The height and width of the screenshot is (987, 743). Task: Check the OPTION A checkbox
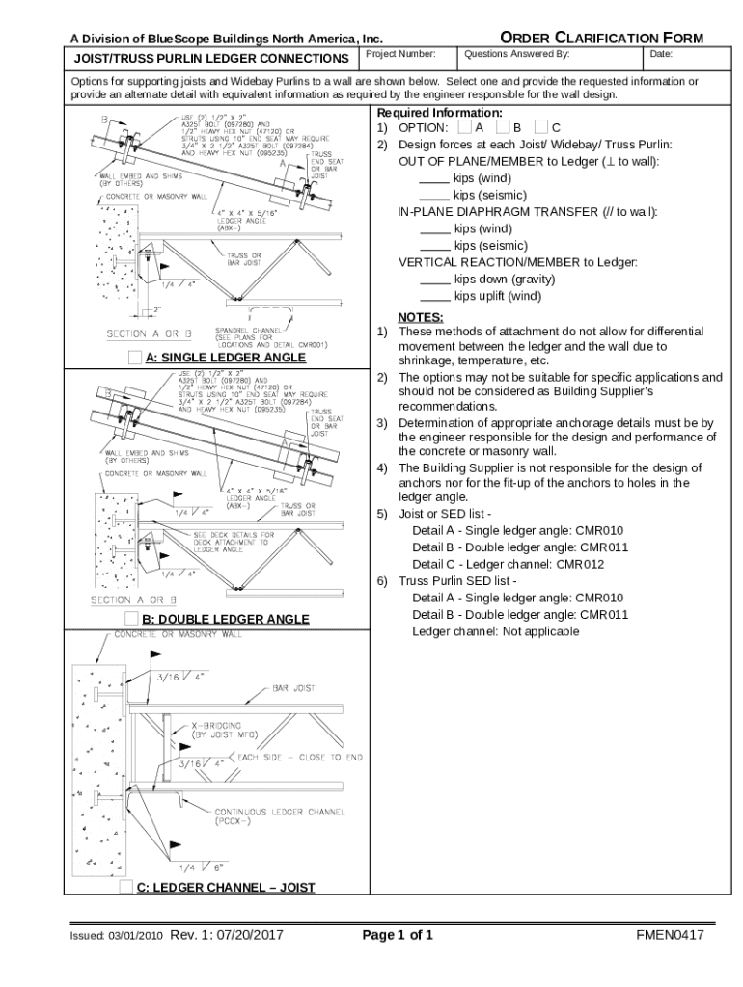pos(465,127)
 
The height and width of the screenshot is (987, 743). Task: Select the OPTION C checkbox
pos(540,127)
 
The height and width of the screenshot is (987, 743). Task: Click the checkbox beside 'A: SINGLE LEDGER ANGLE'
pos(134,358)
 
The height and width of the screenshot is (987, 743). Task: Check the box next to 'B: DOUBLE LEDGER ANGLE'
pos(132,618)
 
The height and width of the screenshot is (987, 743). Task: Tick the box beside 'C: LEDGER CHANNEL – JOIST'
pos(126,887)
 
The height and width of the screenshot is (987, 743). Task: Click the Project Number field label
pos(401,55)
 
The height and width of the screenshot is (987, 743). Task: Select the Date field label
pos(661,55)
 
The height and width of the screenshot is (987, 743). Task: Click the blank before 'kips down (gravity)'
pos(435,280)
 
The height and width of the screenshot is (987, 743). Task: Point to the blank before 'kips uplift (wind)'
pos(435,296)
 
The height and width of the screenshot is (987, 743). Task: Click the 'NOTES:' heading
pos(421,317)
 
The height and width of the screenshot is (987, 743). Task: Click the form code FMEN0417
pos(670,935)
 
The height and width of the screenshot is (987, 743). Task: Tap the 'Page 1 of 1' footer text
pos(397,935)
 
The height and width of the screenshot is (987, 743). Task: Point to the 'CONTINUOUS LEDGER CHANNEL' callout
pos(280,812)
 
